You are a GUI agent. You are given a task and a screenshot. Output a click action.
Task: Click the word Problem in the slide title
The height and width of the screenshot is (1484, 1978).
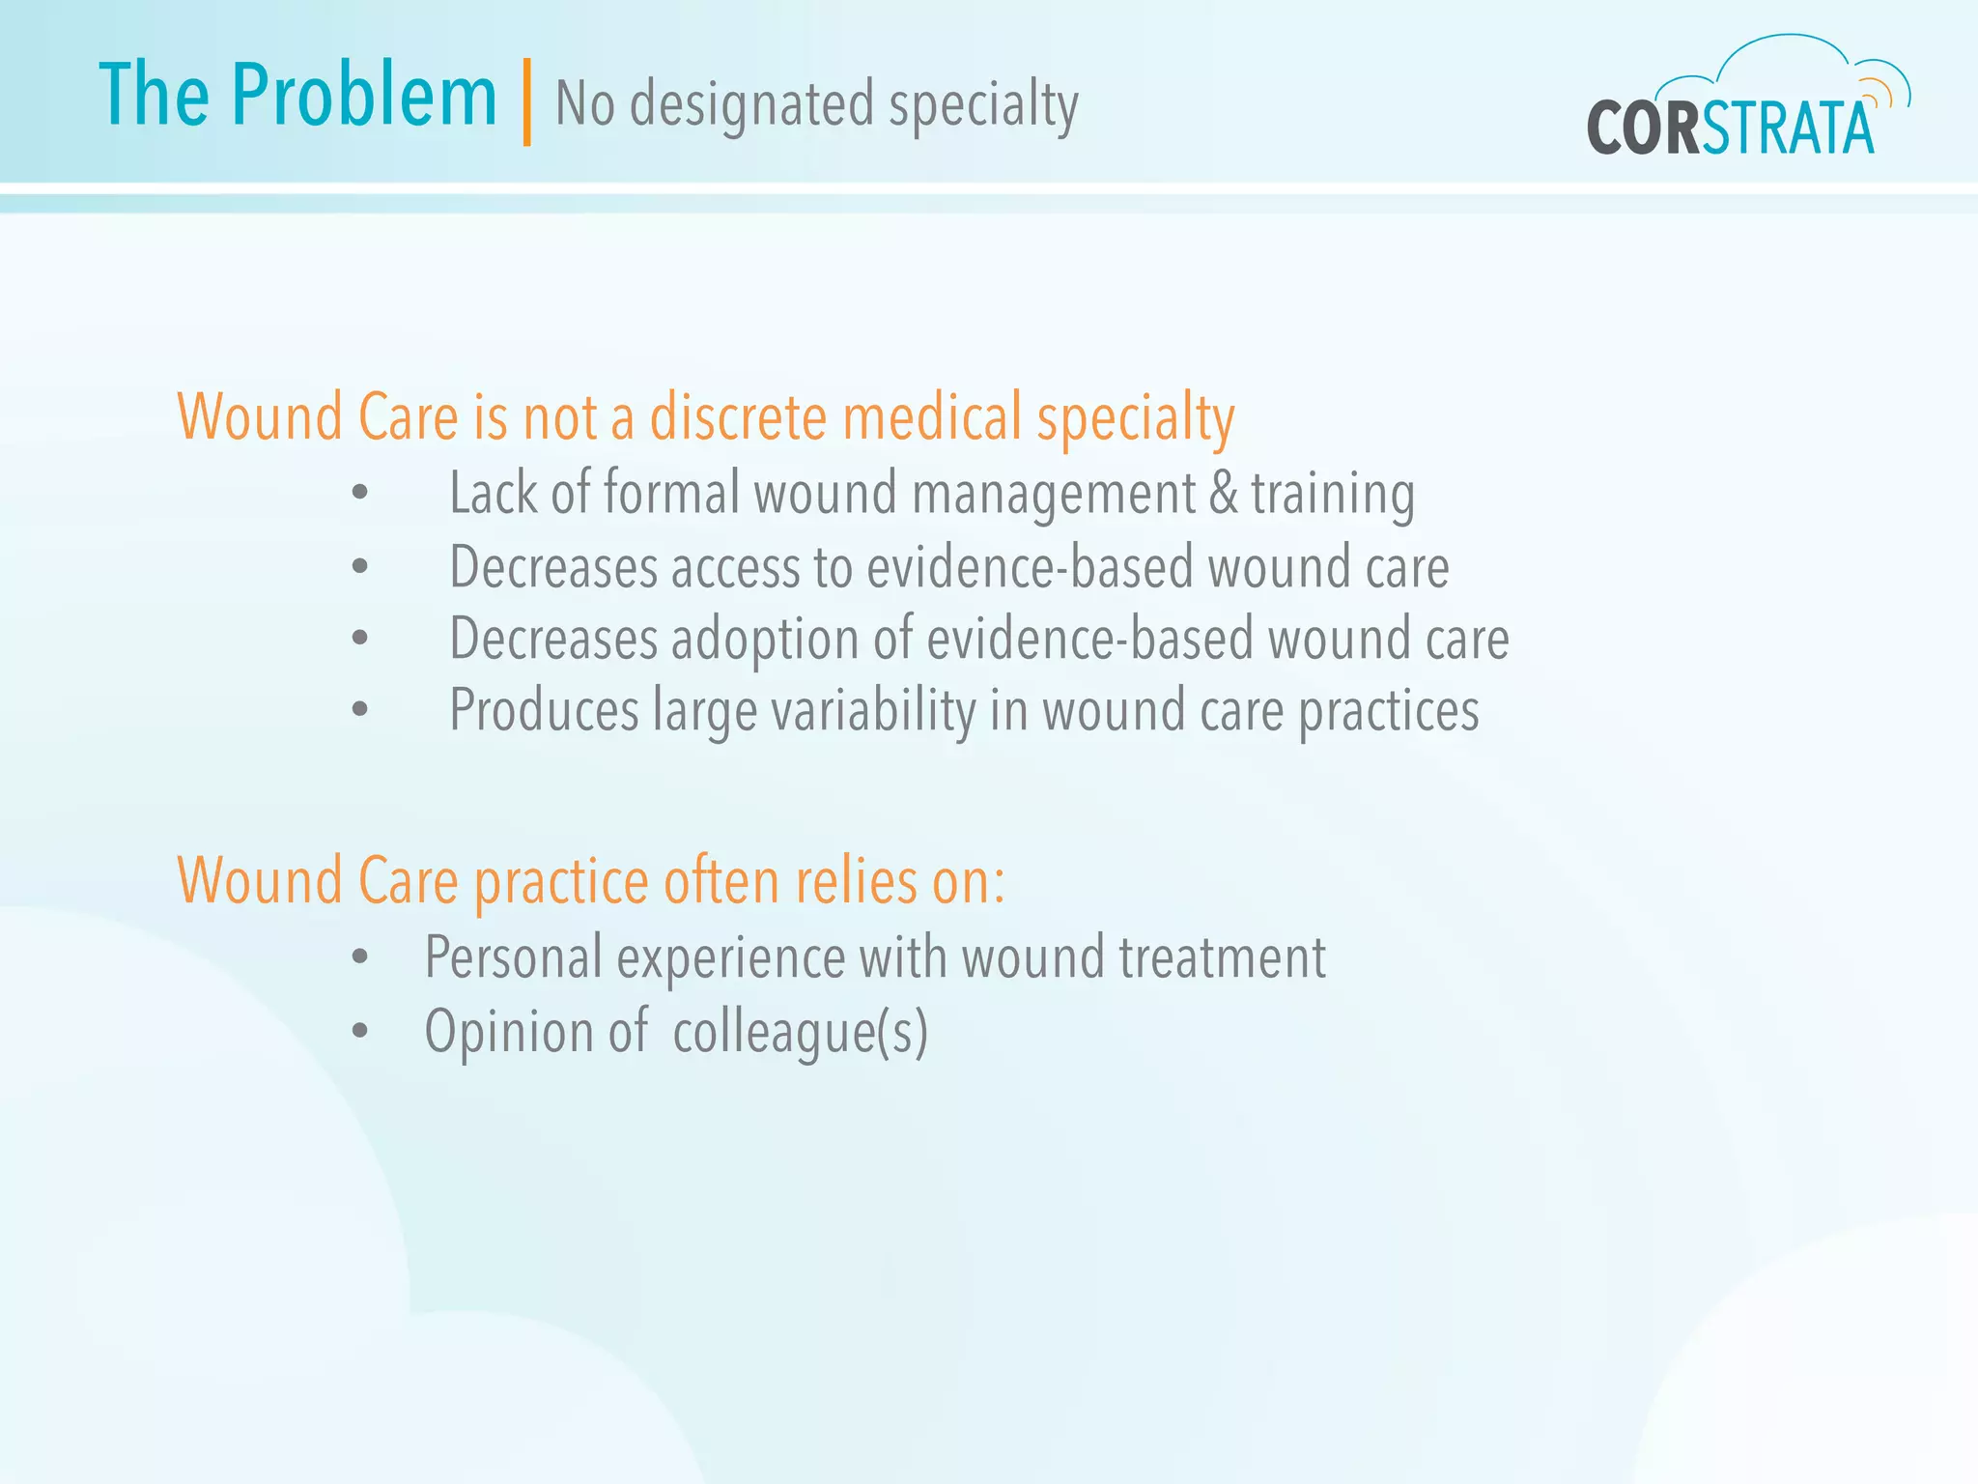point(364,96)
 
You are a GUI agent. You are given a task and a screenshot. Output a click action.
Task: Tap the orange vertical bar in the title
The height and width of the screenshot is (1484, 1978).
point(526,102)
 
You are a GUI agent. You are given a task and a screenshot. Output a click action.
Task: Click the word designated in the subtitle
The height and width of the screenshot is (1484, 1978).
point(751,104)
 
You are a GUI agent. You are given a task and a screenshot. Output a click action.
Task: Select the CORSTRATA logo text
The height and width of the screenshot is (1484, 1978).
point(1729,128)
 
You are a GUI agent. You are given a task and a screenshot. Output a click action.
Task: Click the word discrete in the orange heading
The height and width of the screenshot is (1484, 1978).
point(737,417)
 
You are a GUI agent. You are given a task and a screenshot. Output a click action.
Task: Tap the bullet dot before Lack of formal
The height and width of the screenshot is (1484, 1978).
point(360,493)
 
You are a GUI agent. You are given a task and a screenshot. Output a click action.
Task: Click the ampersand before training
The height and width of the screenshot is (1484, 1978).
point(1223,493)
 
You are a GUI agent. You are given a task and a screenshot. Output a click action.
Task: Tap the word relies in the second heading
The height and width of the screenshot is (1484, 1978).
point(856,881)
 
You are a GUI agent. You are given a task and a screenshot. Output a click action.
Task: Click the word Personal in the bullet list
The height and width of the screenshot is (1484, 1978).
point(514,957)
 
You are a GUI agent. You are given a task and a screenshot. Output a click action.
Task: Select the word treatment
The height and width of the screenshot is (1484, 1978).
point(1222,957)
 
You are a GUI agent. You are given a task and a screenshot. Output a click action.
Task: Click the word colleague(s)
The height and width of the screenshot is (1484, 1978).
point(800,1032)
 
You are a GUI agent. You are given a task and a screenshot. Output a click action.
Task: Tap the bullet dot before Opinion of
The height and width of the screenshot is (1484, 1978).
point(360,1031)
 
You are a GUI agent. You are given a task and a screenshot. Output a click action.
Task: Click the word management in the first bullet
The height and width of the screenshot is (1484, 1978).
point(1053,493)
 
